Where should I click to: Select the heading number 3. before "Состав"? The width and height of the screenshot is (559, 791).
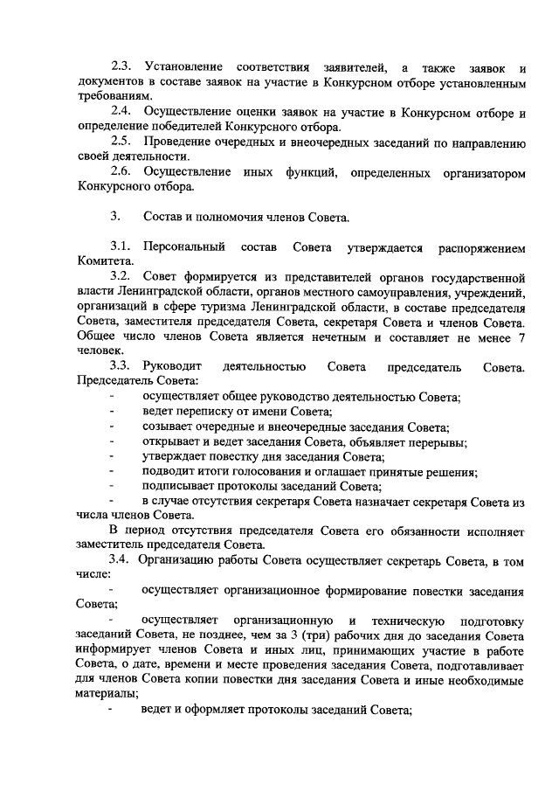(x=115, y=216)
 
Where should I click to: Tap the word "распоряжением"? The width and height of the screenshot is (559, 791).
(x=476, y=246)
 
